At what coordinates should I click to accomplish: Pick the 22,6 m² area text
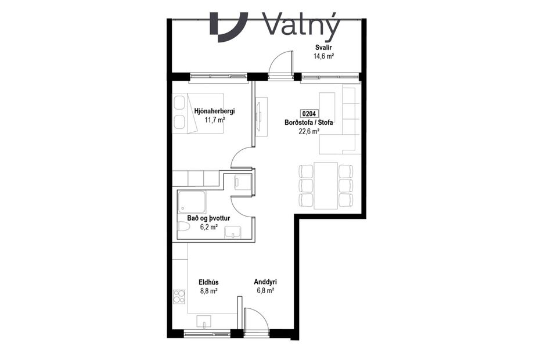pyautogui.click(x=308, y=131)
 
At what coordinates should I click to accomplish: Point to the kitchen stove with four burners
pyautogui.click(x=178, y=298)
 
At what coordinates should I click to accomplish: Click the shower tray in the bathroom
pyautogui.click(x=192, y=201)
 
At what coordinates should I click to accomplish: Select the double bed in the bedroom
pyautogui.click(x=198, y=113)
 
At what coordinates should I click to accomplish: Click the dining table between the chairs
pyautogui.click(x=326, y=185)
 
